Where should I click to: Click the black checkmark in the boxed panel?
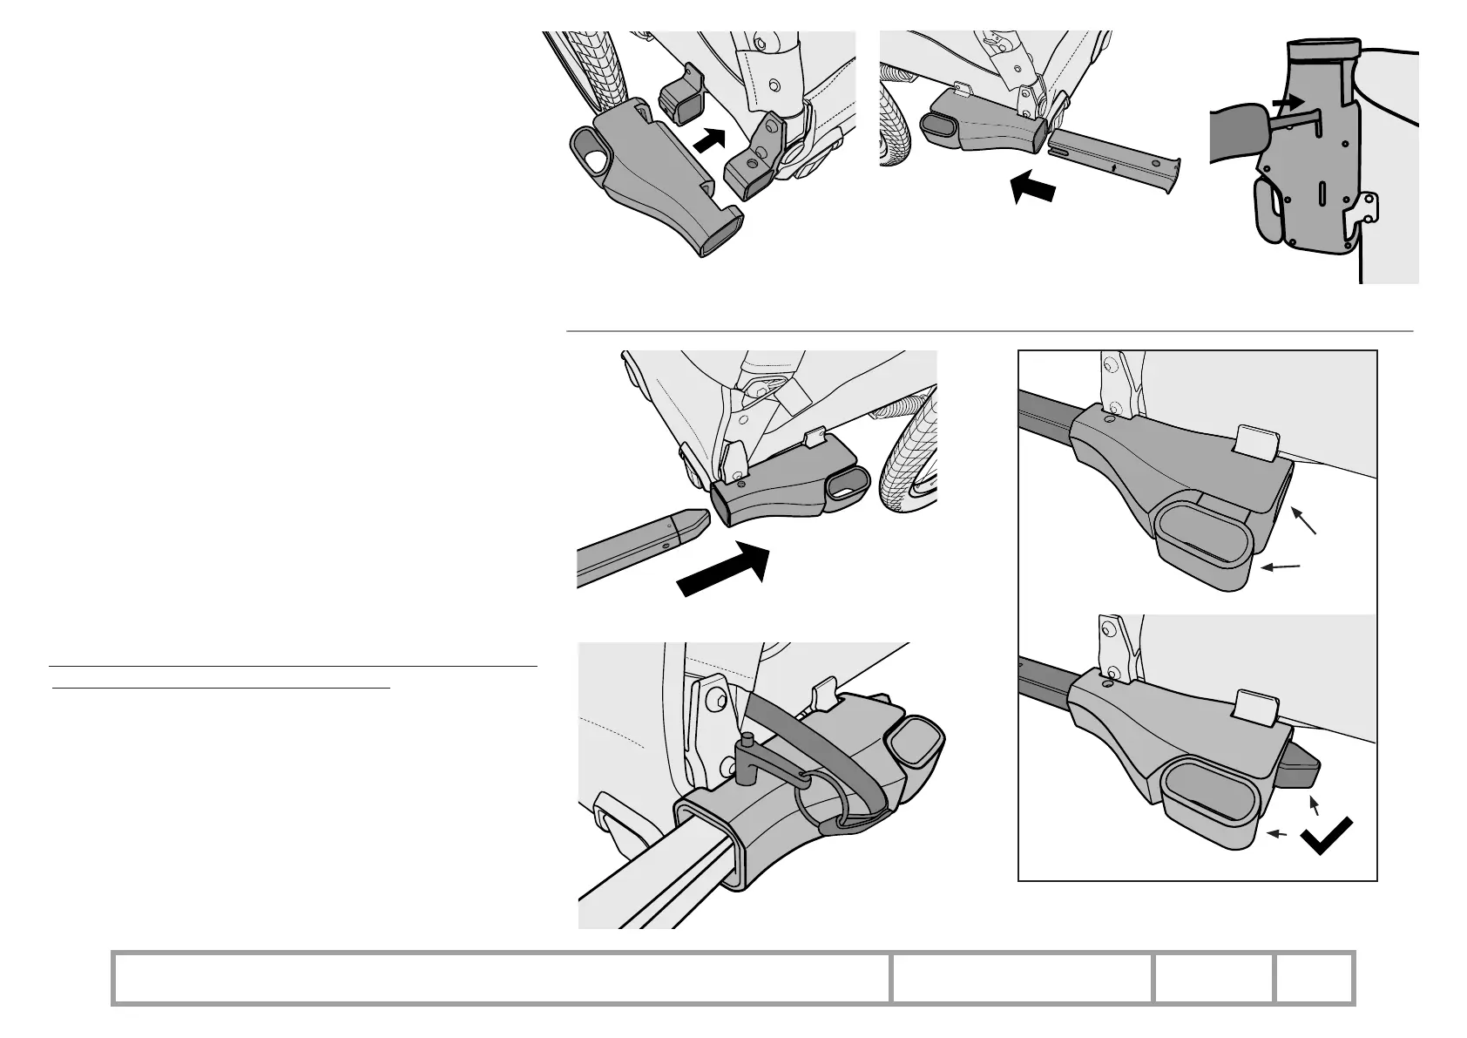click(1326, 836)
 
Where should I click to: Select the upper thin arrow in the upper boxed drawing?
click(1303, 520)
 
